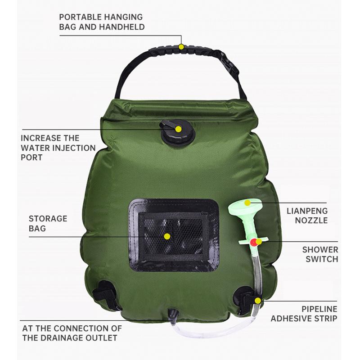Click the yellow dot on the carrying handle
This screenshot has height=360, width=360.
(181, 46)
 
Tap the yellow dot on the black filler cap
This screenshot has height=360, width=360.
(178, 129)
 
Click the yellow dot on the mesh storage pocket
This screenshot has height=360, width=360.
(167, 236)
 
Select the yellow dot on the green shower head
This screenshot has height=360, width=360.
(247, 203)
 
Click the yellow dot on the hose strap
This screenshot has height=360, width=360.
(258, 300)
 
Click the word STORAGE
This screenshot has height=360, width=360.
(48, 219)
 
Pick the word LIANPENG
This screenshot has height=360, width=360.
(307, 211)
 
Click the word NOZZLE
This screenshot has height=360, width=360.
(311, 220)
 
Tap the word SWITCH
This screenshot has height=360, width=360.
(322, 259)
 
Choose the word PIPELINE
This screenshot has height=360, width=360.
(319, 309)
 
